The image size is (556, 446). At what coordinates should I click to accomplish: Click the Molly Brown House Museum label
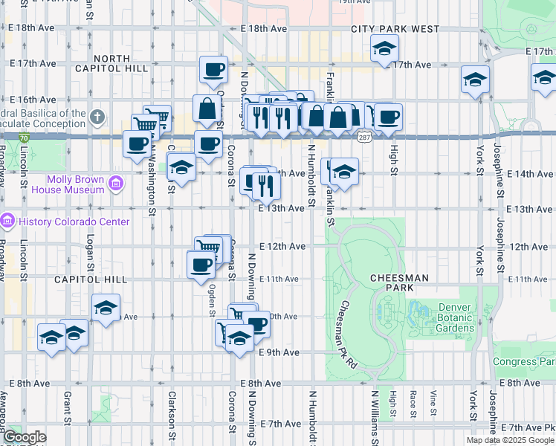tap(76, 184)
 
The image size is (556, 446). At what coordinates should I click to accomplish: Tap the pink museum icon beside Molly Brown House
tap(116, 184)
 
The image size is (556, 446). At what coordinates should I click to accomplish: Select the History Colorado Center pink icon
tap(8, 222)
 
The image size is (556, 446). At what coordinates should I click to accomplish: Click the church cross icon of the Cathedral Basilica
tap(97, 117)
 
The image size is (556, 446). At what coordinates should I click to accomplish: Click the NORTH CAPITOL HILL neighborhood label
tap(122, 63)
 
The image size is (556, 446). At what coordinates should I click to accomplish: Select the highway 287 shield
tap(363, 138)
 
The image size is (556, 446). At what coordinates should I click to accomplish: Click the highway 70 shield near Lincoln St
tap(25, 138)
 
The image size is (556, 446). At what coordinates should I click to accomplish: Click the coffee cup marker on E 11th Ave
tap(200, 265)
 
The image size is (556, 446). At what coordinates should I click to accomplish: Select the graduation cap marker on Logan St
tap(106, 308)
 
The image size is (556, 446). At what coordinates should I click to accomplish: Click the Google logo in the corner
tap(25, 437)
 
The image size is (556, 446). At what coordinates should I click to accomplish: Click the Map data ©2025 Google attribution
tap(510, 440)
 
